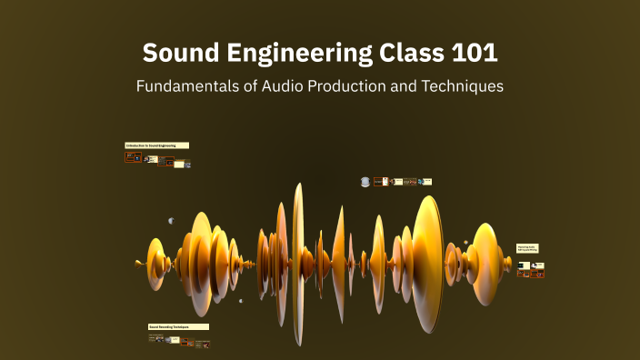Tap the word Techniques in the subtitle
tap(465, 87)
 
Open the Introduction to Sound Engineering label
tap(156, 145)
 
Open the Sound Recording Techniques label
tap(178, 326)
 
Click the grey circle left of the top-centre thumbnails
tap(365, 182)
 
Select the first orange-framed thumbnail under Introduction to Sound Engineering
tap(133, 157)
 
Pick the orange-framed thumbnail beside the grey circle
tap(385, 182)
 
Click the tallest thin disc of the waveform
tap(297, 264)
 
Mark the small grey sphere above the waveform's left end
tap(170, 220)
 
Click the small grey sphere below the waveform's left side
tap(241, 301)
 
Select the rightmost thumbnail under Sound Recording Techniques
tap(202, 344)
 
